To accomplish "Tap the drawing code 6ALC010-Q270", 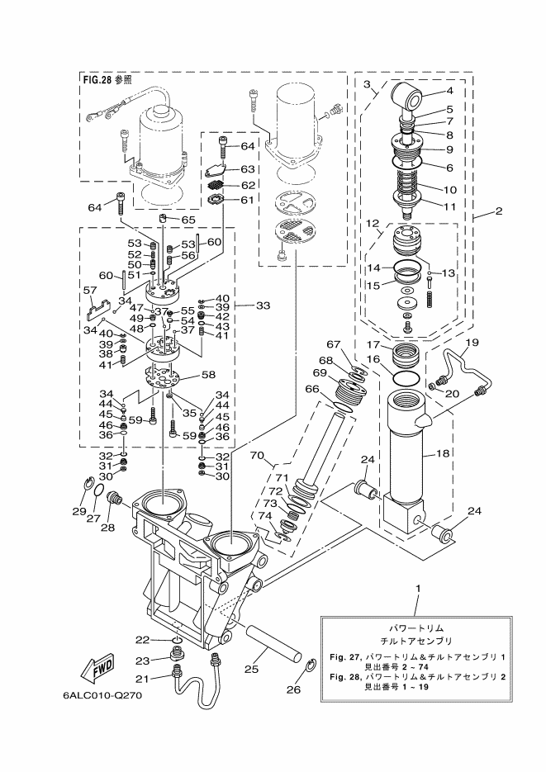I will coord(103,695).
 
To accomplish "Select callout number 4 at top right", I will coord(450,92).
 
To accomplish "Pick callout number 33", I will coord(263,305).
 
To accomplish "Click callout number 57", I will coord(89,291).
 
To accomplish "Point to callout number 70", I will coord(256,454).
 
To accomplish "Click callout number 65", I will coord(188,220).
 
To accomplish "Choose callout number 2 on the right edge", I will coord(499,211).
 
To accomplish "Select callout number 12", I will coord(373,223).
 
